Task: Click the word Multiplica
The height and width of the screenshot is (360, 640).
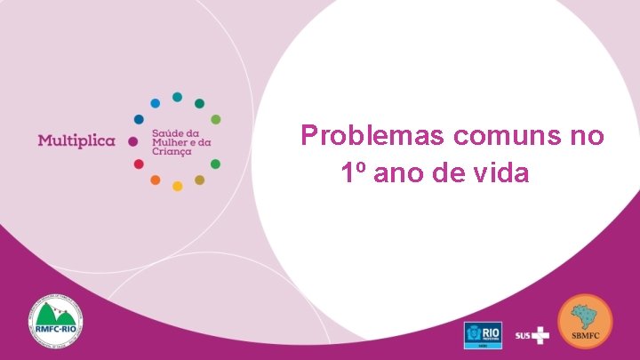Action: tap(76, 141)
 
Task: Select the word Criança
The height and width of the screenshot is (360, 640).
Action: tap(172, 152)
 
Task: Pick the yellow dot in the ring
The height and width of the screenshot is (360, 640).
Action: tap(177, 186)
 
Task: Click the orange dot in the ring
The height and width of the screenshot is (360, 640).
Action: tap(155, 180)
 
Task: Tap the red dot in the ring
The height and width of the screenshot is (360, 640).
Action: tap(139, 164)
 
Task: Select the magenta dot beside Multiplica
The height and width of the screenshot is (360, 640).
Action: tap(132, 141)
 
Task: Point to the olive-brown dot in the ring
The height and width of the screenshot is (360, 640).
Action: tap(199, 180)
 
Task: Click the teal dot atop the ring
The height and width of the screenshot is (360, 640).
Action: tap(177, 97)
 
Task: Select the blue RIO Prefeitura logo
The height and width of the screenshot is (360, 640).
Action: tap(483, 334)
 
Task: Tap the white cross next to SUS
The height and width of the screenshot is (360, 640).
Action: tap(540, 335)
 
